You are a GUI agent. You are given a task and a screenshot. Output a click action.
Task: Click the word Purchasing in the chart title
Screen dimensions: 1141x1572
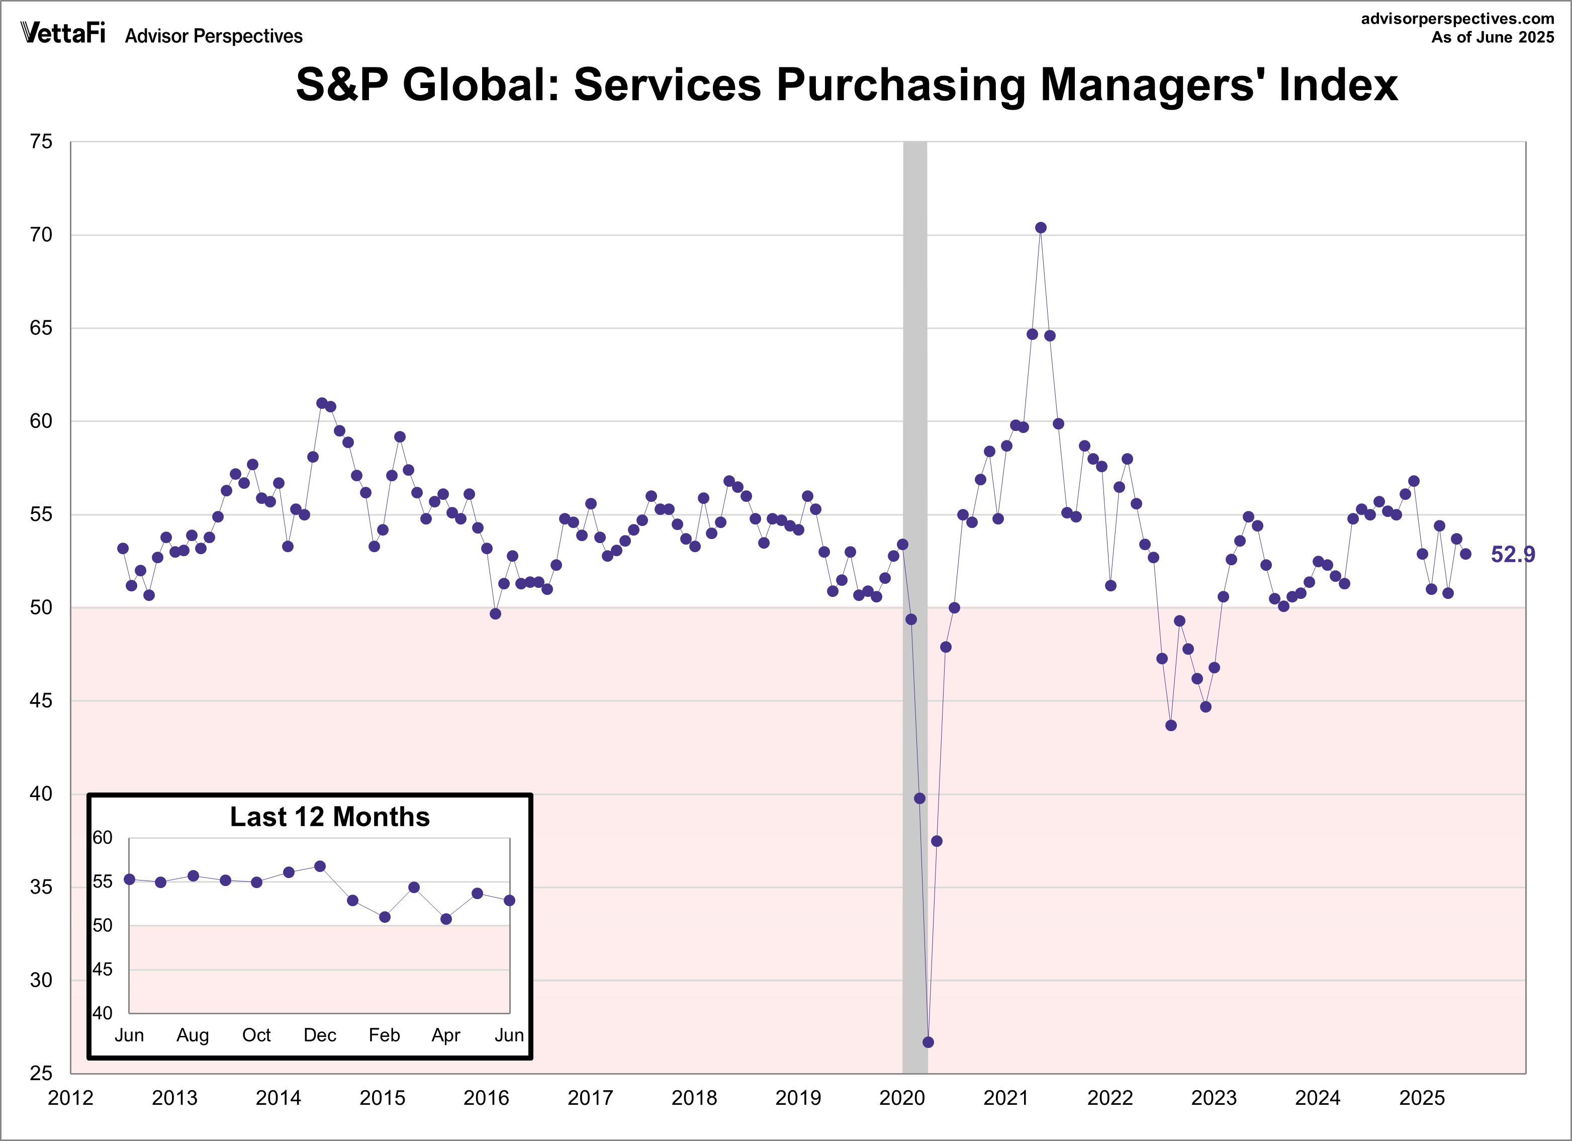[901, 84]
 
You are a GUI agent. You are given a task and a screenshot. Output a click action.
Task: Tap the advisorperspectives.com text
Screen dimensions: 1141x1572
[1457, 19]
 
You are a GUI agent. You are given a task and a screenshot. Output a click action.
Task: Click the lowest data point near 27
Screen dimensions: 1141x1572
[928, 1042]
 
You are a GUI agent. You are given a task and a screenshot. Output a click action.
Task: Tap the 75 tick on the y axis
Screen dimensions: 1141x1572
[41, 142]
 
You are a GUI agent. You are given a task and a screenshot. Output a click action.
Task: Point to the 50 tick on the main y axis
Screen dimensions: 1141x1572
[41, 608]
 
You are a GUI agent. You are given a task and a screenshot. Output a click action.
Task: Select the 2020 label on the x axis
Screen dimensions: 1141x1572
[902, 1098]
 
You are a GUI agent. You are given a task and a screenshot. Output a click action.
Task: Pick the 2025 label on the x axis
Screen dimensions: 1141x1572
[1422, 1098]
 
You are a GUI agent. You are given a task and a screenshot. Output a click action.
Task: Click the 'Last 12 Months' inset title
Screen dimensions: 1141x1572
[329, 817]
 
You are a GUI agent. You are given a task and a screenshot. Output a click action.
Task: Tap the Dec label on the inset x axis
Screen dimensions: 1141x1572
[320, 1035]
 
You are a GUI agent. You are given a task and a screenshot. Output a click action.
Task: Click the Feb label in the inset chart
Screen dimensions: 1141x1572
[384, 1035]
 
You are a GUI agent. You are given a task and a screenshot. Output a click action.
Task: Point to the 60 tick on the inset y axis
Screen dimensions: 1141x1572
[103, 838]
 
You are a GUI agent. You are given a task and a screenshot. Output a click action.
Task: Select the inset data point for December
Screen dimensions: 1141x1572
[320, 866]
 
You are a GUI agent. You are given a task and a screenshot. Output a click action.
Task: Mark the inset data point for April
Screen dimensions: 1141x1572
[446, 919]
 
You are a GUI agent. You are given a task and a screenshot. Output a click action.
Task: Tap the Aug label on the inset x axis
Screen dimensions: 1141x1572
[192, 1035]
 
